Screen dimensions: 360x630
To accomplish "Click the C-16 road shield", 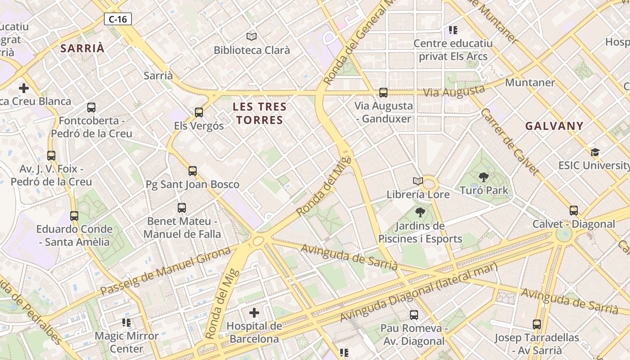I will point(118,19).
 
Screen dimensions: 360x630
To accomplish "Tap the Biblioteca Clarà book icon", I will point(252,36).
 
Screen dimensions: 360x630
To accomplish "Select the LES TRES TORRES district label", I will point(260,113).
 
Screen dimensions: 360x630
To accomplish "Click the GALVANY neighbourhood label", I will point(554,126).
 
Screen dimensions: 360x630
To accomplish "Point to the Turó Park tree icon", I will point(484,177).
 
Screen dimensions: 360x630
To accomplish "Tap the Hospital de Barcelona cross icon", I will point(254,312).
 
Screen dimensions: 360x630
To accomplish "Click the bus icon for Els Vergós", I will point(199,112).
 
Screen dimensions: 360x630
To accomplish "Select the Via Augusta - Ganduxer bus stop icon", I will point(383,93).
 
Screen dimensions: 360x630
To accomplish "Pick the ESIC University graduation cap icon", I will point(595,152).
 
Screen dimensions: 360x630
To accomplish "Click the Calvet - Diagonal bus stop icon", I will point(573,211).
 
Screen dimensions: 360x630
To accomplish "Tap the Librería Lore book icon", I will point(418,181).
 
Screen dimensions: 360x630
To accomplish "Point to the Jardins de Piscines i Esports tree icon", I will point(420,212).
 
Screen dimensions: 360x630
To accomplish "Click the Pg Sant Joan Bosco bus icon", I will point(193,171).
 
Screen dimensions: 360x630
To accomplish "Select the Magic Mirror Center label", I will point(126,342).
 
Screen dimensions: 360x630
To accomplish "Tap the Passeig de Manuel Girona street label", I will point(166,271).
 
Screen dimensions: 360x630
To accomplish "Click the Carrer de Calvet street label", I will point(509,142).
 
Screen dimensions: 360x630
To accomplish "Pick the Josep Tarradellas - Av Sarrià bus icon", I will point(536,324).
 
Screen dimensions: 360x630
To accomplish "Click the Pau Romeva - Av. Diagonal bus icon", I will point(414,315).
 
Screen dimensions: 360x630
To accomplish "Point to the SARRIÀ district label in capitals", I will point(82,49).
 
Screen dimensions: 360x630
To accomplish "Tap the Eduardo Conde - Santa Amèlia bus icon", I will point(74,216).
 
